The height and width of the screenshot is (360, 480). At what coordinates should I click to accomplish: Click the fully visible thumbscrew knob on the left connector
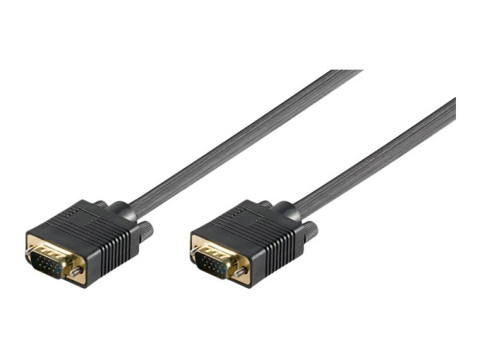point(146,230)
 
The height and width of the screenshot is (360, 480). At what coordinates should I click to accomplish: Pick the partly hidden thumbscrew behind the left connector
point(100,205)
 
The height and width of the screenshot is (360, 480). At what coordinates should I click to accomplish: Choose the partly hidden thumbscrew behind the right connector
point(264,205)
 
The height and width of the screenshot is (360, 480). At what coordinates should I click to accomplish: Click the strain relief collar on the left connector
point(124,213)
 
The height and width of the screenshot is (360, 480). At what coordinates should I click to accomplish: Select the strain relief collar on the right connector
point(288,213)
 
